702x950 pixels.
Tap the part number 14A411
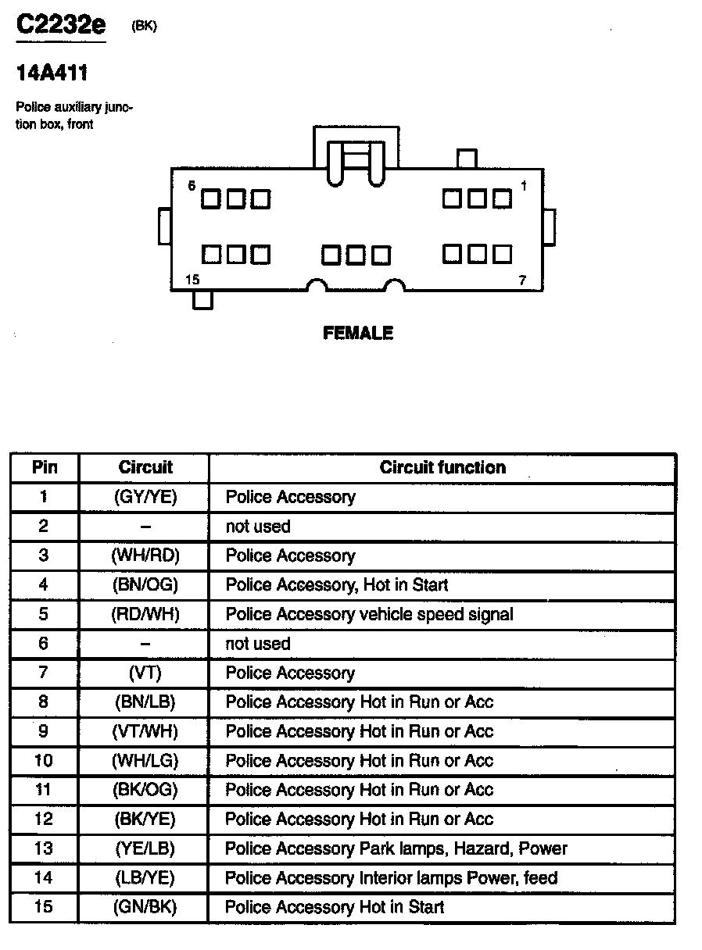(52, 73)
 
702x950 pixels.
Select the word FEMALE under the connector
(358, 334)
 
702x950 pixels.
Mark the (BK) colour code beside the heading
(145, 26)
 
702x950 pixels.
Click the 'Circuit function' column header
(442, 467)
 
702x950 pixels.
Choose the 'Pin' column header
(45, 467)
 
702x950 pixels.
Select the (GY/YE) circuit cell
(145, 497)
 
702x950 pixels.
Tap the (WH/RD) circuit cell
(145, 555)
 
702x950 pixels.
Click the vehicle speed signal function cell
(369, 614)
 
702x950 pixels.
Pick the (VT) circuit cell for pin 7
(145, 673)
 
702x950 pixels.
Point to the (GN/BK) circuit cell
(145, 907)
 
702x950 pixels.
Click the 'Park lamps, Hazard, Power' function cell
(396, 848)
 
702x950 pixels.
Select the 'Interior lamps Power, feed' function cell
(391, 878)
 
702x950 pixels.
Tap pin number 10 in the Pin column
(44, 760)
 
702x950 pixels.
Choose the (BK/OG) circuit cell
(145, 790)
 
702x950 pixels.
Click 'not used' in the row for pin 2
(258, 527)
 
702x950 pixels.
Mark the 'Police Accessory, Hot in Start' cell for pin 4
(337, 584)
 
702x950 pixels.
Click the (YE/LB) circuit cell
(145, 848)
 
